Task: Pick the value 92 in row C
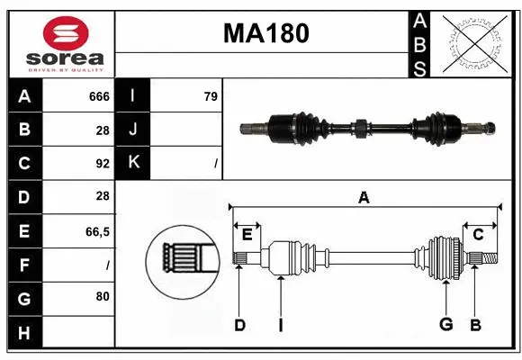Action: pos(103,164)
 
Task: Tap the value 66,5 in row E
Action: pos(97,231)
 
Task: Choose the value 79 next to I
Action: pos(211,96)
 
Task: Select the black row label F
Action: pos(24,265)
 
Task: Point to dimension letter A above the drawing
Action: pos(364,198)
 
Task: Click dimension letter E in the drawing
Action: pos(247,235)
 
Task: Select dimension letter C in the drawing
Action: pos(478,235)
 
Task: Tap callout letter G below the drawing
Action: pos(445,325)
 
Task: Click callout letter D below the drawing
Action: pos(239,325)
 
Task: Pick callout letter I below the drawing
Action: pos(280,325)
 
